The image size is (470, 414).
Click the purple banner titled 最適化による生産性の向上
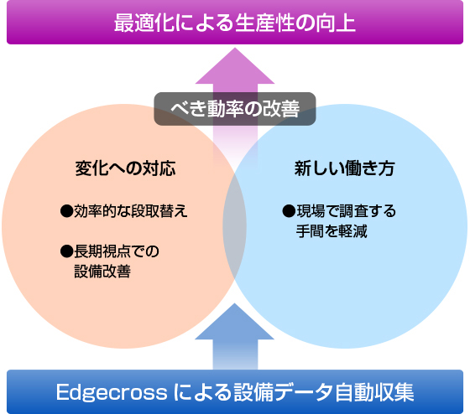pyautogui.click(x=235, y=22)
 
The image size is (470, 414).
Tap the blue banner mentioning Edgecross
pyautogui.click(x=235, y=392)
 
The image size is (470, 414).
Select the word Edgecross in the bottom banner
pyautogui.click(x=112, y=392)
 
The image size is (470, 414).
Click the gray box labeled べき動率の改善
pyautogui.click(x=235, y=109)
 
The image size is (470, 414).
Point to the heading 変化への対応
pyautogui.click(x=125, y=168)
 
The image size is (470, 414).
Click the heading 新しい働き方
pyautogui.click(x=344, y=168)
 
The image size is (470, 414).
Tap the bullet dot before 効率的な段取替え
pyautogui.click(x=66, y=211)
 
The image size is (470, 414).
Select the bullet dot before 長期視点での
pyautogui.click(x=66, y=251)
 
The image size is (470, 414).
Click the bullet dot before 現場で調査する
pyautogui.click(x=289, y=211)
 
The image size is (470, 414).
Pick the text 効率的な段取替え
pyautogui.click(x=131, y=211)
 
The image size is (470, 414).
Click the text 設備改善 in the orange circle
pyautogui.click(x=102, y=272)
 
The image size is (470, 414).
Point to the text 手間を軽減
pyautogui.click(x=332, y=231)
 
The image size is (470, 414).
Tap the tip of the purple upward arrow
pyautogui.click(x=235, y=48)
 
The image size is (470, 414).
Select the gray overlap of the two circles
pyautogui.click(x=235, y=226)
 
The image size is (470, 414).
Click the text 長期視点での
pyautogui.click(x=117, y=251)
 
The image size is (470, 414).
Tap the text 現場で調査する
pyautogui.click(x=346, y=211)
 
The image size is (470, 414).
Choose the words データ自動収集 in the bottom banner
pyautogui.click(x=344, y=392)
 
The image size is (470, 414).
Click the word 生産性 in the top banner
pyautogui.click(x=264, y=23)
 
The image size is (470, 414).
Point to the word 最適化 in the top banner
pyautogui.click(x=144, y=23)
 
